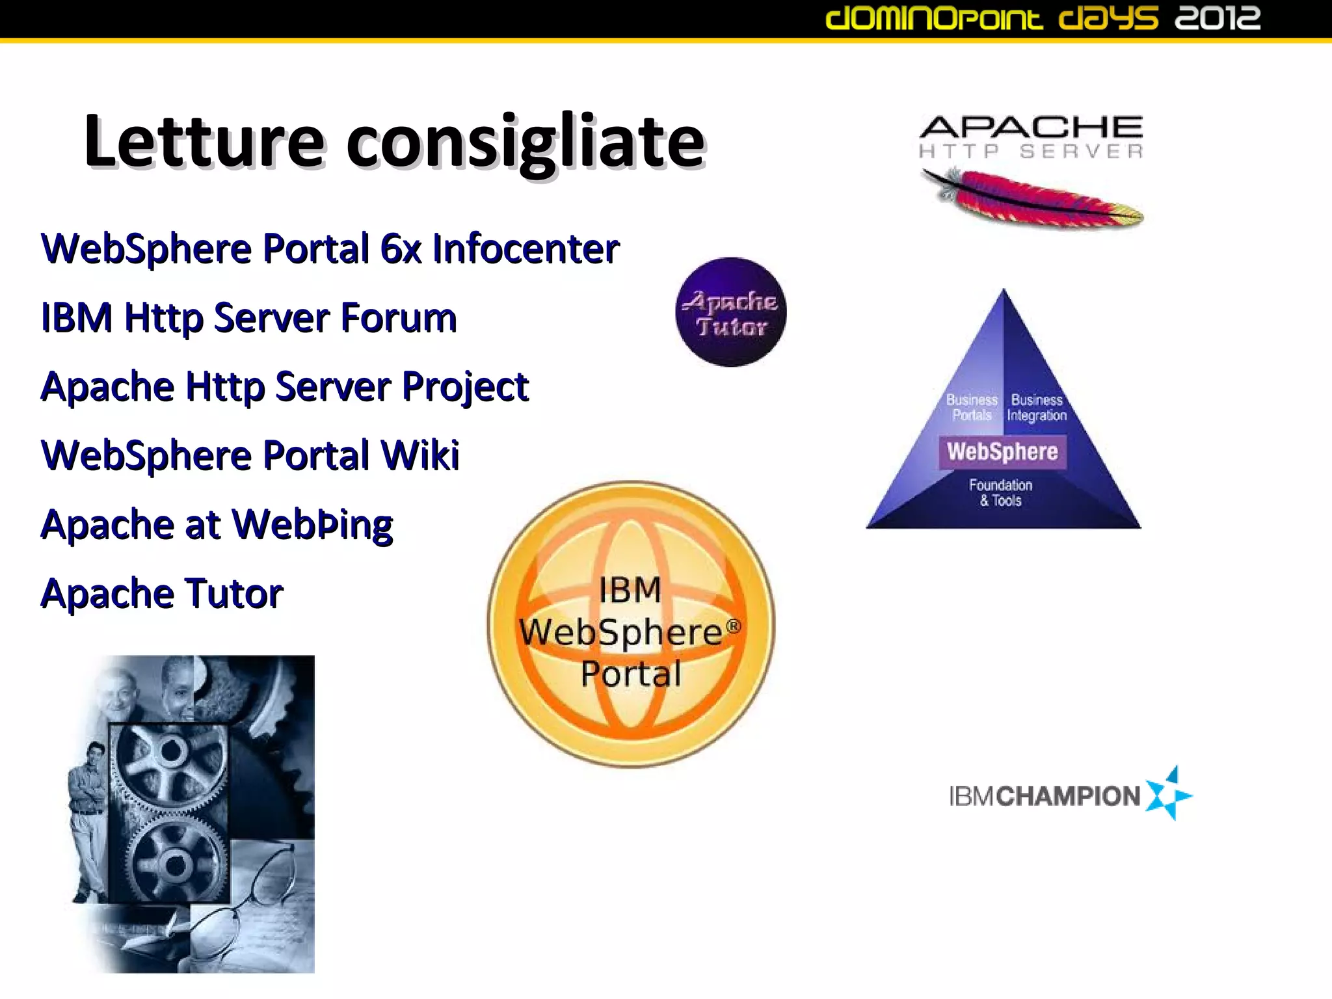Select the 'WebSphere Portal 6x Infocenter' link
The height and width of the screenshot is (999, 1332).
point(330,248)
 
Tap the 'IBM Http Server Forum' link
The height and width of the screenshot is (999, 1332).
point(248,317)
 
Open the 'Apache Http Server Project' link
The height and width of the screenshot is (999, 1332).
point(284,386)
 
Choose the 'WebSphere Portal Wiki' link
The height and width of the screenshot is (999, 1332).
point(250,455)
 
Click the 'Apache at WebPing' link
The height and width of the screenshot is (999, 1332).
point(217,524)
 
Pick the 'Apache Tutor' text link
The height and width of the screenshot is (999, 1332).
point(162,593)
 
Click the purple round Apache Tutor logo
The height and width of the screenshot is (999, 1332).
point(731,313)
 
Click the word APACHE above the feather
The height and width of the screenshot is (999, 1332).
point(1032,127)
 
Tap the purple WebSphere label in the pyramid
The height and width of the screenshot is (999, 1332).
point(1002,452)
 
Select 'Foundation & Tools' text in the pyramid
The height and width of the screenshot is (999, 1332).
point(1000,493)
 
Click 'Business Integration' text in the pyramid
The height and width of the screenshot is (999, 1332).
point(1037,408)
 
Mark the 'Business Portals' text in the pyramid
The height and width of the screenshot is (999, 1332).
point(972,408)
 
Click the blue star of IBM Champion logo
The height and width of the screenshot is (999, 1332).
point(1168,794)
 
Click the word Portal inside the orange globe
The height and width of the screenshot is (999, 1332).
point(631,674)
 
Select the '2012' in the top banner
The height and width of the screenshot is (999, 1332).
point(1218,18)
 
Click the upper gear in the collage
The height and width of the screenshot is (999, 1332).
point(170,752)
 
